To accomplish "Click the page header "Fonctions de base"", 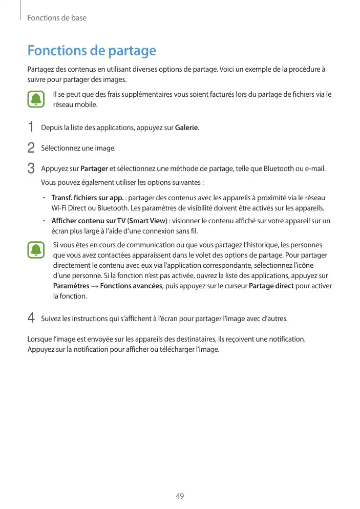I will pos(56,18).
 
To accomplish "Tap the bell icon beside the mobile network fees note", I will pos(36,99).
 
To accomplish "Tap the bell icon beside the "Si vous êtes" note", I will pos(36,251).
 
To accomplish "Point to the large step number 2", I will pos(31,148).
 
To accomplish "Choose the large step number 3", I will pos(31,168).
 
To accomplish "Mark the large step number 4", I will pos(31,319).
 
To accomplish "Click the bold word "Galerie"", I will pos(186,128).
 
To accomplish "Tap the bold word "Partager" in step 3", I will pos(94,169).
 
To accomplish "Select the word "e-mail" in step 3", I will pos(315,169).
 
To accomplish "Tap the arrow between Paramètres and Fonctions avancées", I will pos(95,286).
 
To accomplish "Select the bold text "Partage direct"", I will pos(271,286).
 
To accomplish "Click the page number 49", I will pos(180,496).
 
